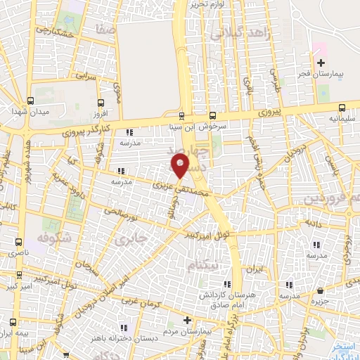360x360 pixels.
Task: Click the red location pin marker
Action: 181,165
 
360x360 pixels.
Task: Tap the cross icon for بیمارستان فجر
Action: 321,63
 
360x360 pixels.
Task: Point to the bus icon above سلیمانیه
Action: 342,108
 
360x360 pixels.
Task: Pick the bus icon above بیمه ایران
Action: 11,321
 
